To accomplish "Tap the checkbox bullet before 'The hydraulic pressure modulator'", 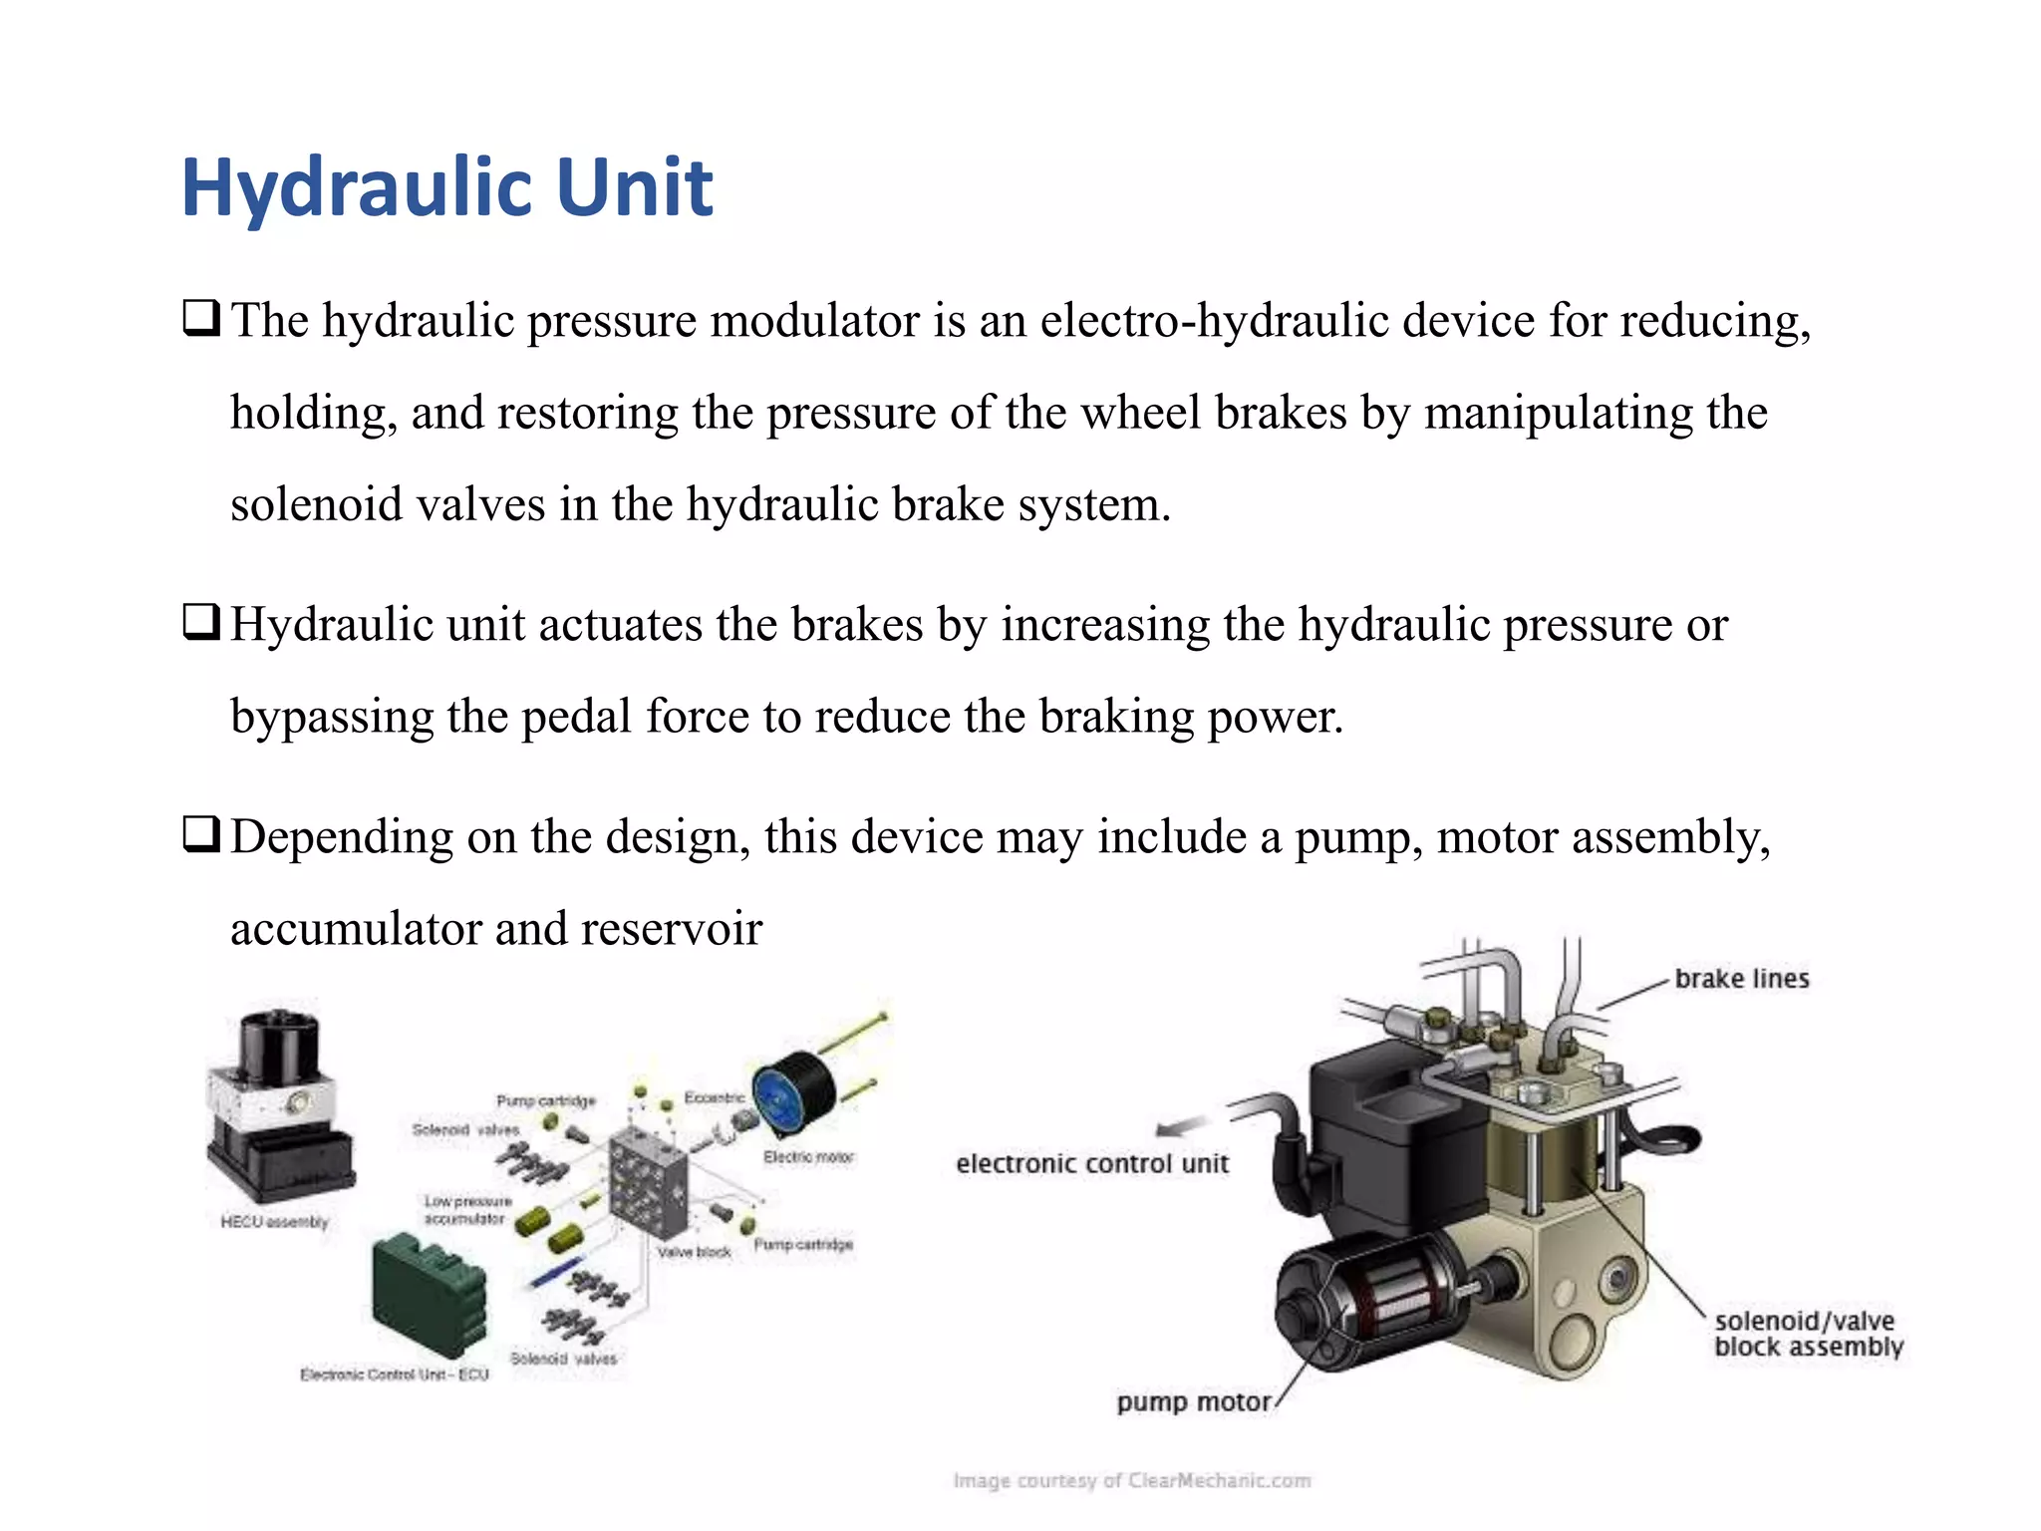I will (200, 319).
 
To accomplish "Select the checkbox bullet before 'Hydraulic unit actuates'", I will (200, 623).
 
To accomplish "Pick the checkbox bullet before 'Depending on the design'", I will (200, 834).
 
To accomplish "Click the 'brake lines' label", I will (1741, 979).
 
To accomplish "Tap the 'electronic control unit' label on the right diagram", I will (1092, 1163).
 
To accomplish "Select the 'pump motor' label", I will (1193, 1402).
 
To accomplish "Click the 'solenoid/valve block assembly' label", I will (1807, 1334).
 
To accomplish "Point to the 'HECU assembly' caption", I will (274, 1222).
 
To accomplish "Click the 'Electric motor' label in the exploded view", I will (808, 1157).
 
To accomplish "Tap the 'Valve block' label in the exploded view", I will (694, 1252).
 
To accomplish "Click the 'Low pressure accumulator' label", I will (467, 1210).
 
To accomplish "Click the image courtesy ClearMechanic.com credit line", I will (1131, 1481).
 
